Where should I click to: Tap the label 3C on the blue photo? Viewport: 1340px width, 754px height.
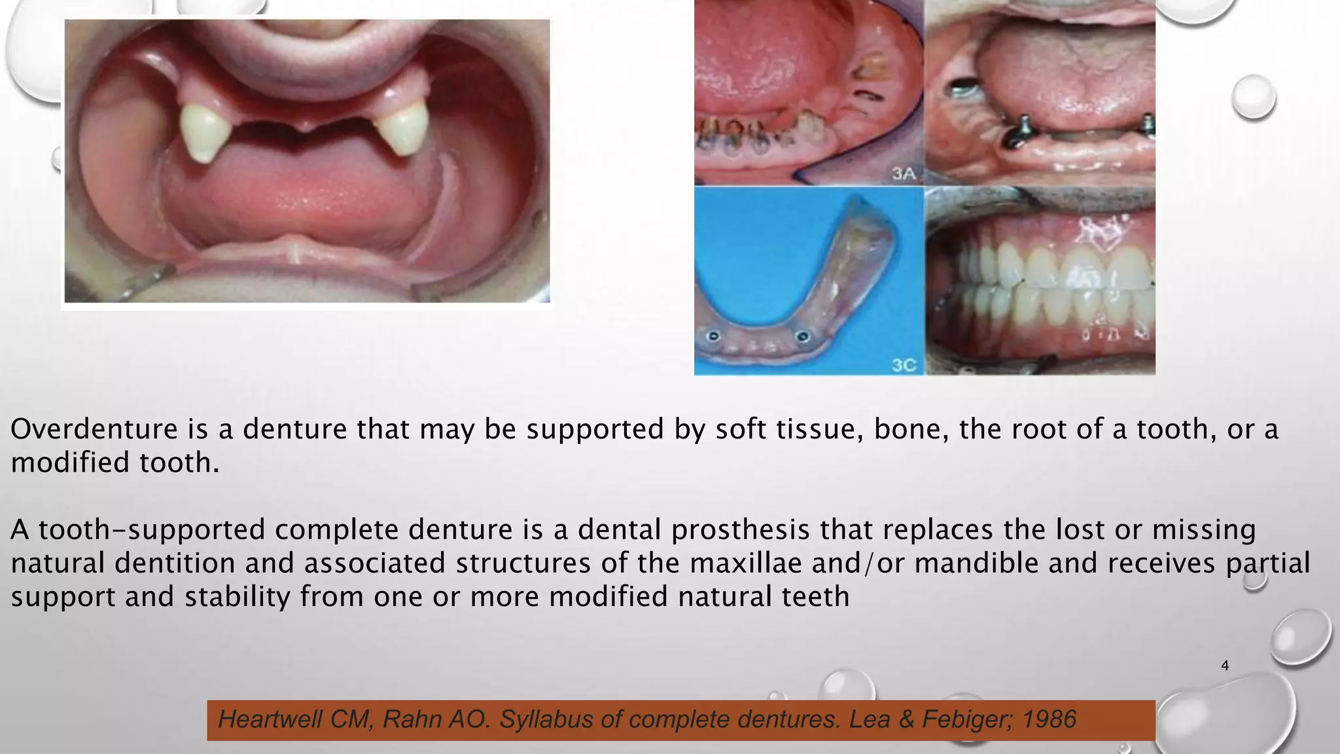[904, 365]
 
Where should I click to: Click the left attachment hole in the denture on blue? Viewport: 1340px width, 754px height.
[714, 336]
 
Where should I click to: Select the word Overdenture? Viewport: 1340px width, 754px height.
[94, 429]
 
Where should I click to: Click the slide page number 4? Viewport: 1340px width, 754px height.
[1225, 666]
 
